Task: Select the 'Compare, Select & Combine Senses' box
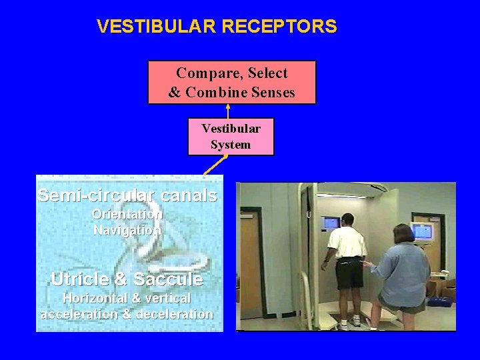(231, 83)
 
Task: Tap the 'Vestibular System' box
(231, 136)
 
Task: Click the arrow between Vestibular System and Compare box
(228, 111)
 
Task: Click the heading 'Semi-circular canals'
(127, 196)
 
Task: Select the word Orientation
(127, 215)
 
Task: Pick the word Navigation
(127, 230)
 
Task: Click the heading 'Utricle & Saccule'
(127, 279)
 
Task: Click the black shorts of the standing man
(349, 275)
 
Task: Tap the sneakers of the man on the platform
(349, 323)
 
